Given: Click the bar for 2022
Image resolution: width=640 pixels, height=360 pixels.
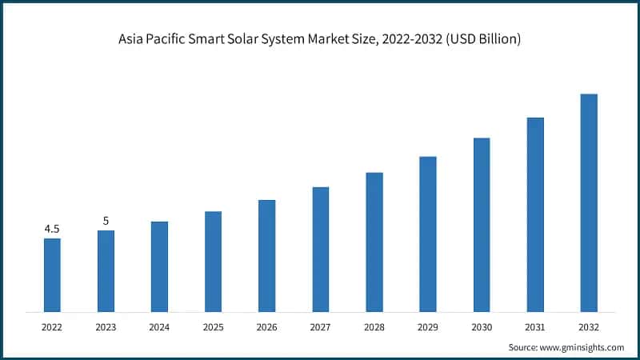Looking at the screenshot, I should tap(52, 274).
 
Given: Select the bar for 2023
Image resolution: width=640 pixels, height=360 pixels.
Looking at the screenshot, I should tap(106, 270).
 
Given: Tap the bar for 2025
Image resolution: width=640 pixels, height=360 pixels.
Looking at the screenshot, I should tap(213, 261).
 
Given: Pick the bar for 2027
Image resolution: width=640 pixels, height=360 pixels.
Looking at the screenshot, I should tap(320, 249).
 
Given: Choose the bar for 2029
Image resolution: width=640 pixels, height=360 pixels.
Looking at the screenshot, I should tap(428, 234).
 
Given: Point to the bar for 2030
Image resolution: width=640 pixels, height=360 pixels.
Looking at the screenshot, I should tap(482, 224).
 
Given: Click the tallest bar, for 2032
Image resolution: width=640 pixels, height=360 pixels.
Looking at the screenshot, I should tap(589, 202).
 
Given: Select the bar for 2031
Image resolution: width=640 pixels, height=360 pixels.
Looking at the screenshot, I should tap(535, 214).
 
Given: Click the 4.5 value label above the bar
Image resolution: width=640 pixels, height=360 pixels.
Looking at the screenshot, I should tap(52, 229).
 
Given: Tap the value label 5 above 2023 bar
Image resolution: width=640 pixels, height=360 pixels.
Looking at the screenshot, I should tap(106, 221).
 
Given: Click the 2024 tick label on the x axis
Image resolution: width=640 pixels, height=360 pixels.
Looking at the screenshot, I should tap(159, 326).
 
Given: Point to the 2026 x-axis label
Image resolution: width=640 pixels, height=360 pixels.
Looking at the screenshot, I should tap(266, 326).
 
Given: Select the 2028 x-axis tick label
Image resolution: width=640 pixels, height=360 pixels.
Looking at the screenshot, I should tap(374, 326).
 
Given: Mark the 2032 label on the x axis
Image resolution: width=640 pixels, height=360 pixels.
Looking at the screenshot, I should tap(589, 326).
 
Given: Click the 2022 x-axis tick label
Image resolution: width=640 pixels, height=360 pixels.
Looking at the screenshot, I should tap(52, 326).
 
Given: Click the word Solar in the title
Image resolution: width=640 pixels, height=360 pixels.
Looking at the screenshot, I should tap(258, 39).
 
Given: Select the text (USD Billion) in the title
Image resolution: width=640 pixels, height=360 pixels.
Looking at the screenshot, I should tap(485, 39).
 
